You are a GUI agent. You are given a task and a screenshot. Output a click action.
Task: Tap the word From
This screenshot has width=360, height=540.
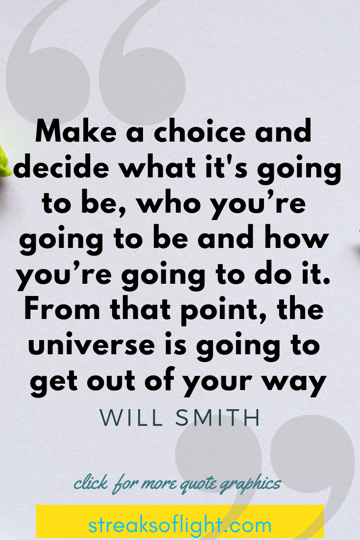62,309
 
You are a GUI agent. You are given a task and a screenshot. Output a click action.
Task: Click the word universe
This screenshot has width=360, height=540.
92,345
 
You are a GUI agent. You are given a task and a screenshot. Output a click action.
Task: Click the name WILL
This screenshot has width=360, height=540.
131,418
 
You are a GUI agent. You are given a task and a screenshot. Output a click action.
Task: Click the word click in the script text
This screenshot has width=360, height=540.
91,483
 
